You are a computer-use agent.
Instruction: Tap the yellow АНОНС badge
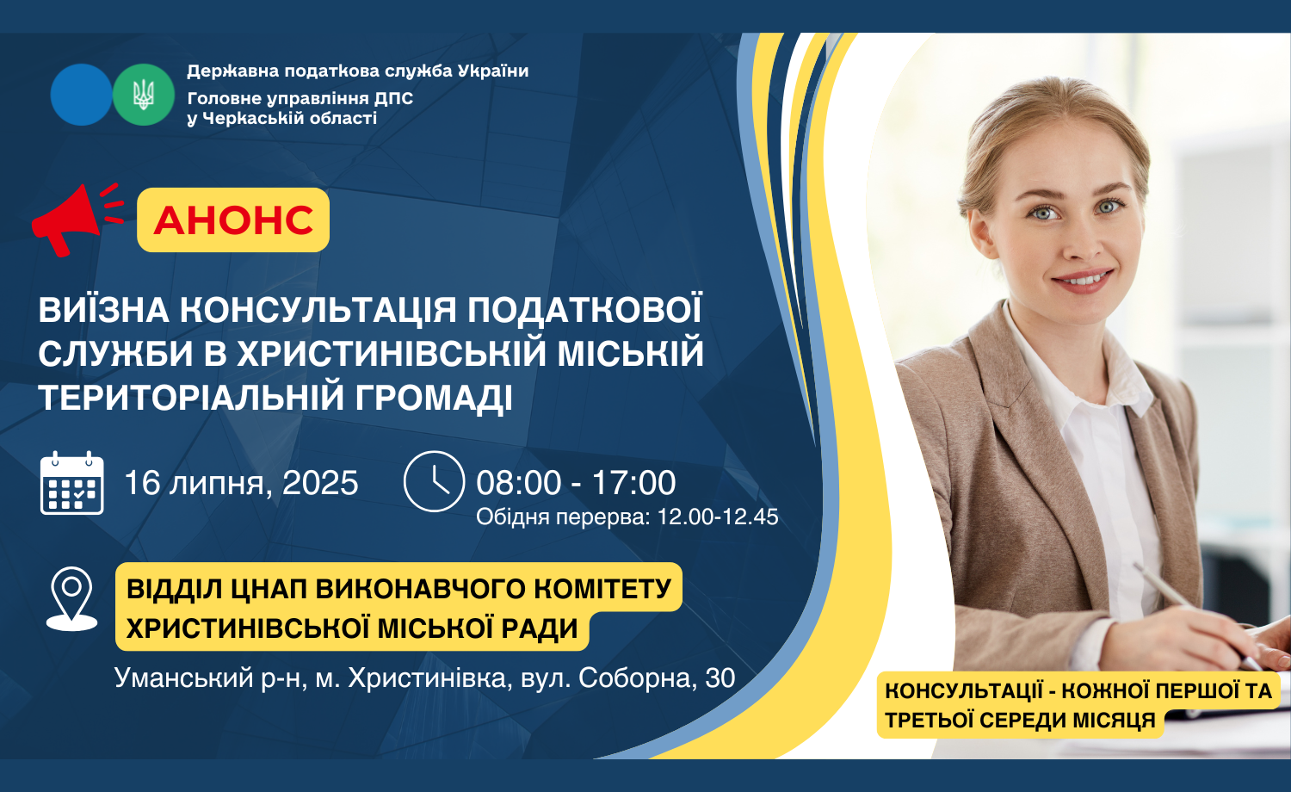click(x=233, y=220)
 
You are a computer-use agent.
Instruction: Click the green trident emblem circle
click(x=144, y=95)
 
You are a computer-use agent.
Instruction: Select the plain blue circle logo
click(x=81, y=95)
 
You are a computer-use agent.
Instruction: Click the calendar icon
click(x=72, y=483)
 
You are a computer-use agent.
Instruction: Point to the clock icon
click(x=434, y=481)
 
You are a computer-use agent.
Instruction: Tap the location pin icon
click(x=71, y=599)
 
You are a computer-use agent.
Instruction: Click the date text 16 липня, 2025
click(x=241, y=483)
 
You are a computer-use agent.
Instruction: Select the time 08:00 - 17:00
click(x=576, y=482)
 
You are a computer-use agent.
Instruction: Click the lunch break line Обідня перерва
click(x=627, y=517)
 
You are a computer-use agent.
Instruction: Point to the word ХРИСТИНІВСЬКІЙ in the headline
click(x=392, y=353)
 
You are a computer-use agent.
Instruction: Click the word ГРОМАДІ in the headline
click(x=434, y=398)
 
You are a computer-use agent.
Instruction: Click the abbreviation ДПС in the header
click(x=393, y=98)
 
